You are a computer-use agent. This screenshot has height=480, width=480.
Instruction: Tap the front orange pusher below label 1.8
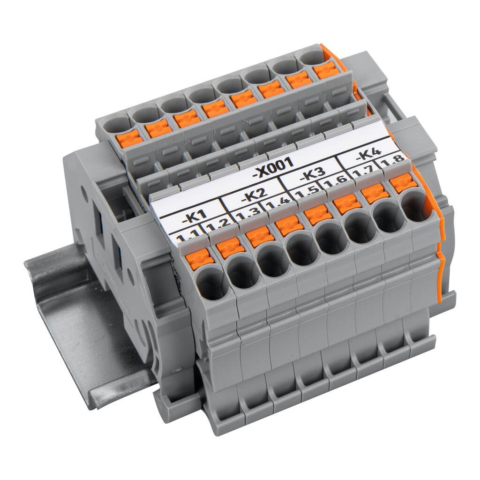click(x=403, y=183)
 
